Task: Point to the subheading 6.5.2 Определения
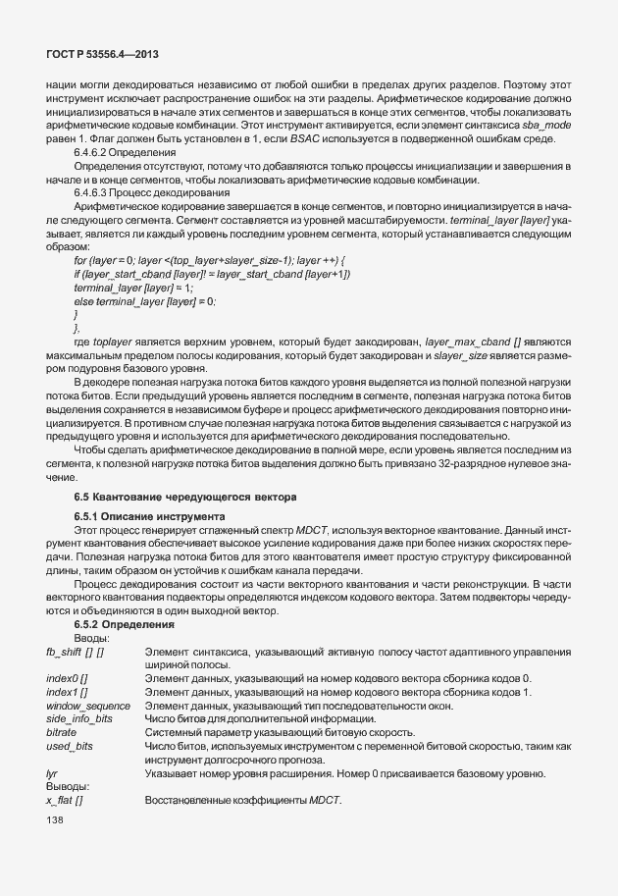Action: pyautogui.click(x=124, y=624)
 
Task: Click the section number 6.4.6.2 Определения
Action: pyautogui.click(x=125, y=153)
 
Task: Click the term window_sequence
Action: pyautogui.click(x=88, y=706)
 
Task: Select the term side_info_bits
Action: pyautogui.click(x=79, y=719)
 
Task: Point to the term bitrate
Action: pyautogui.click(x=62, y=732)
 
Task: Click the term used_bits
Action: pyautogui.click(x=69, y=747)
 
